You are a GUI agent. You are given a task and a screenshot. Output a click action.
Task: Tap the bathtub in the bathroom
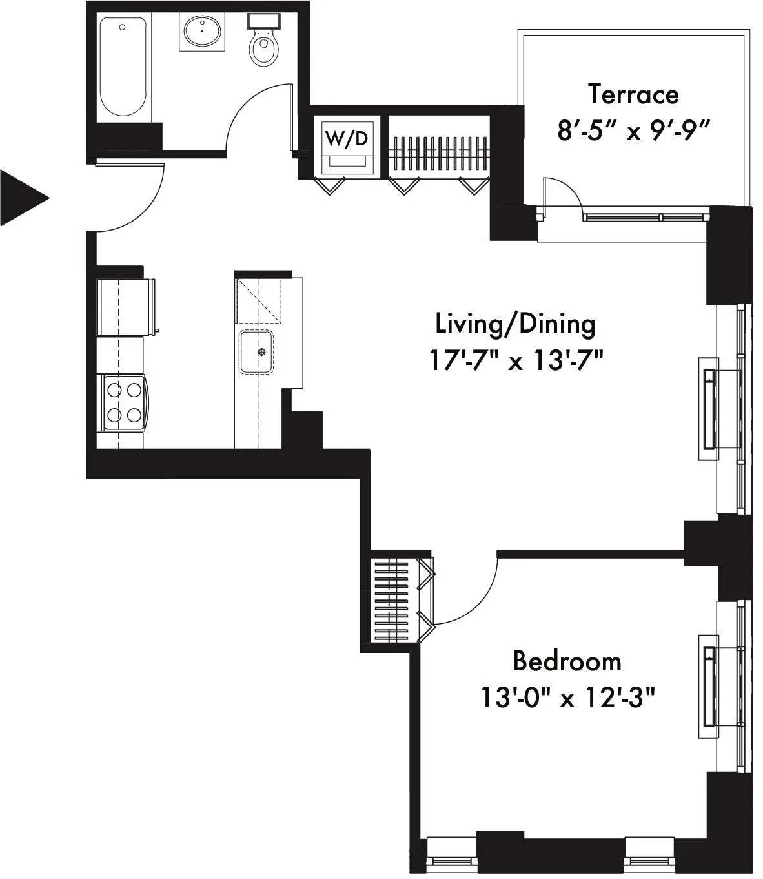click(x=123, y=67)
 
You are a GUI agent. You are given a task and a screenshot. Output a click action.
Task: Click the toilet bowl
click(x=263, y=48)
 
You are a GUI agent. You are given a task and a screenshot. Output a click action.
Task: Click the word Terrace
click(x=633, y=95)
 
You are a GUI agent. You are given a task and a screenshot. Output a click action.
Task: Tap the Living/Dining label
click(x=515, y=324)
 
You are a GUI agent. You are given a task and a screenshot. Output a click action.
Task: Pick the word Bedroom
click(x=567, y=661)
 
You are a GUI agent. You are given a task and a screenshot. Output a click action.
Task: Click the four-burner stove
click(x=124, y=402)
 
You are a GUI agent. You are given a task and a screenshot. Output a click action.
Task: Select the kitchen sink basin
click(x=257, y=352)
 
